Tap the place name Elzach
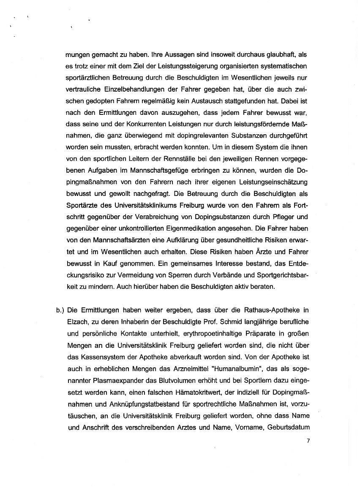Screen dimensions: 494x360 pos(77,321)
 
